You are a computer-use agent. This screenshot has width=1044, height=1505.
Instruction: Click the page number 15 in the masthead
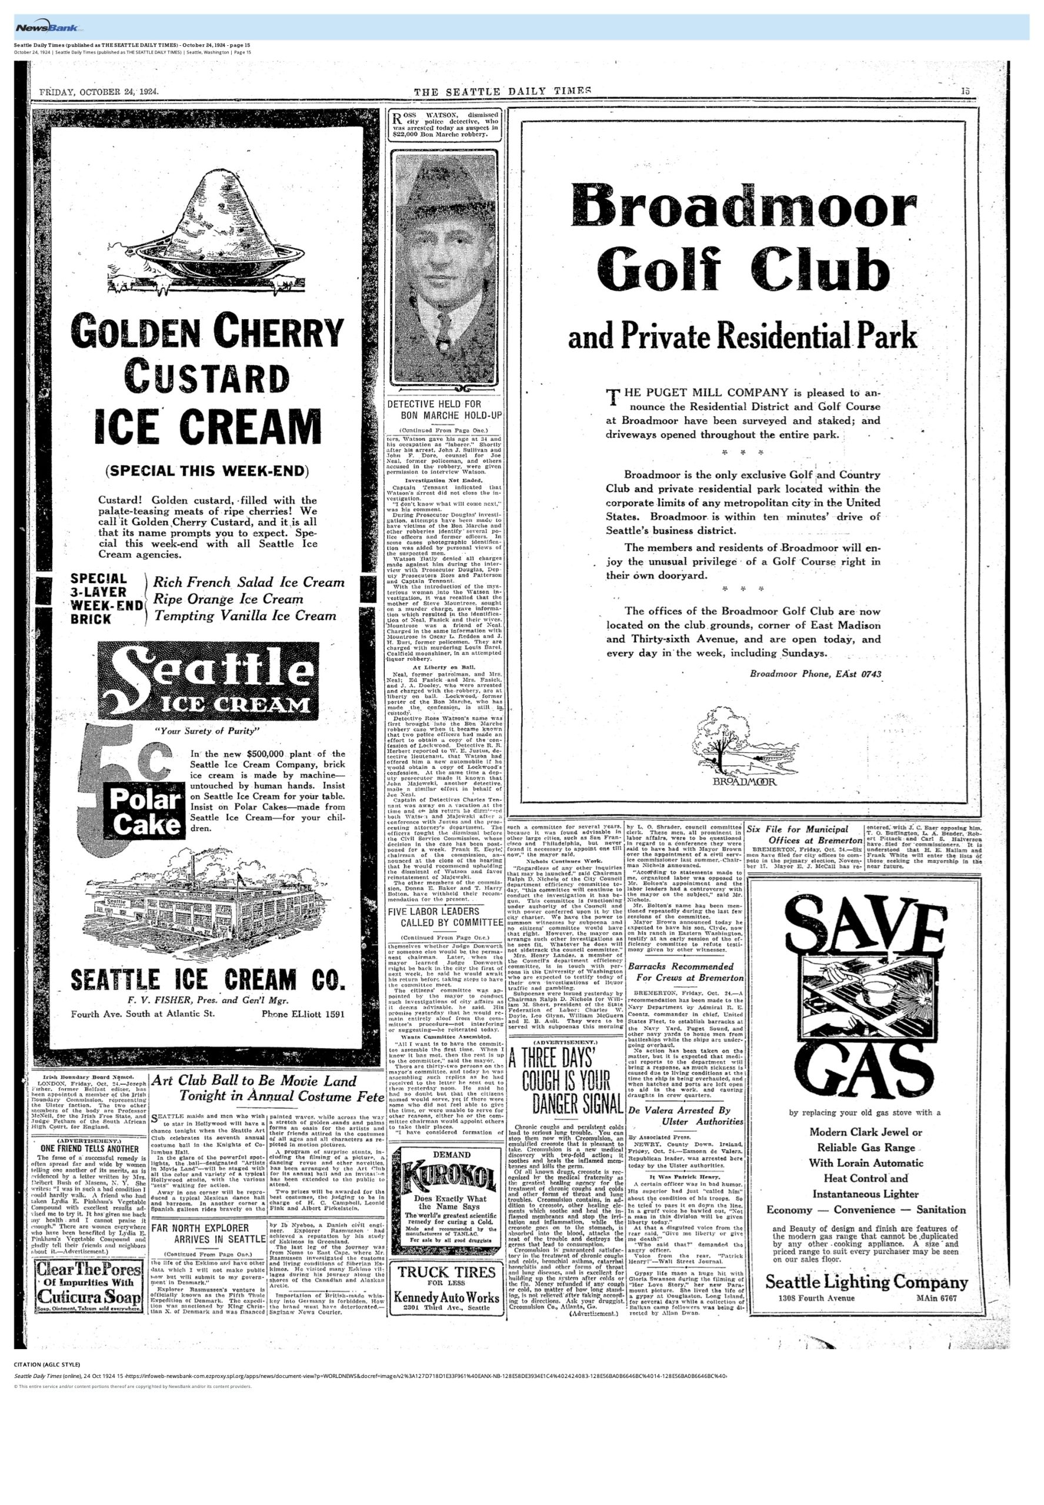(966, 91)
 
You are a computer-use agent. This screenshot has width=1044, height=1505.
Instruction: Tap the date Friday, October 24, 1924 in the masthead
(99, 92)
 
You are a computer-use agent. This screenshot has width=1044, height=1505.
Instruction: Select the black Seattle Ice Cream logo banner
(208, 681)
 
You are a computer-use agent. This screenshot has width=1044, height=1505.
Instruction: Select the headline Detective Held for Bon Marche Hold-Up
(444, 410)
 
